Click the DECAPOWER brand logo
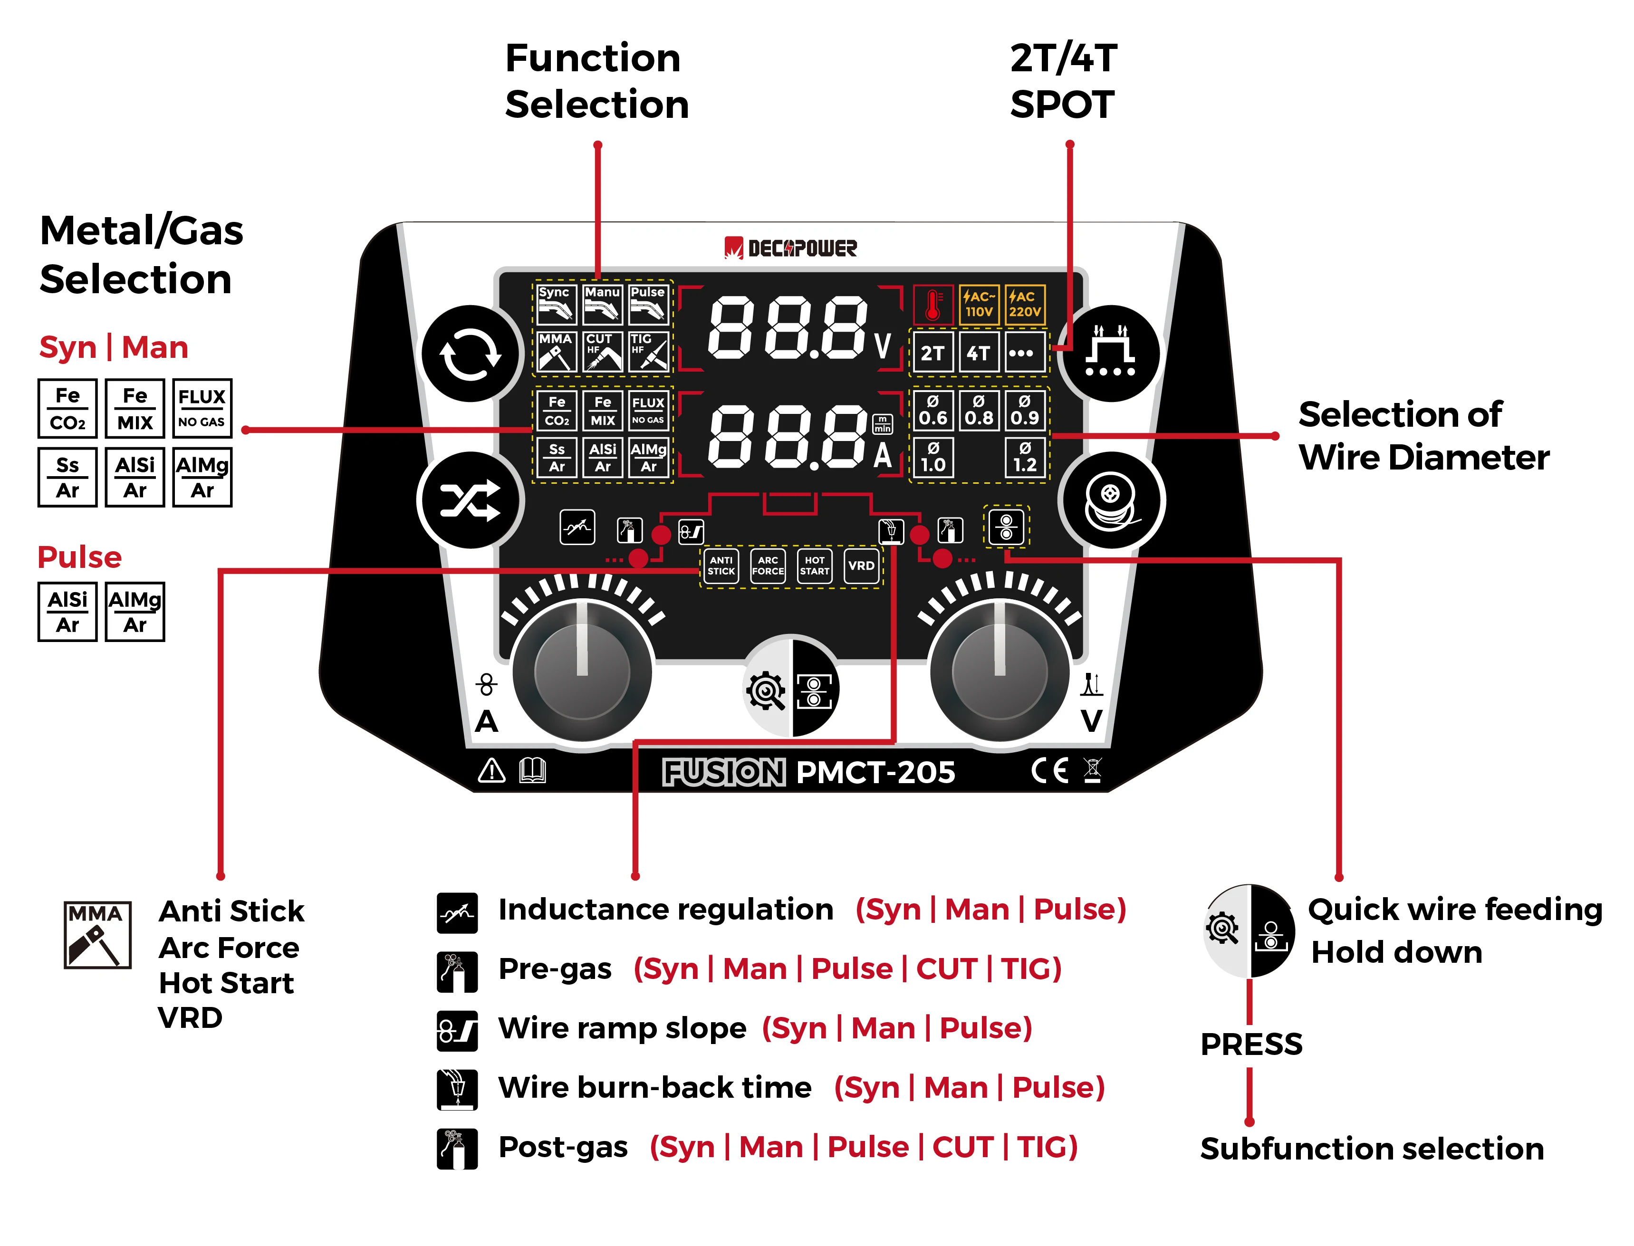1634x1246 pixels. [791, 248]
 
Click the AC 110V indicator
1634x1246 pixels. [978, 304]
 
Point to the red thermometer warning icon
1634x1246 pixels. [933, 304]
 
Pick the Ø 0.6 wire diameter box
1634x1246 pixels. [932, 410]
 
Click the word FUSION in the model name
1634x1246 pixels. [723, 772]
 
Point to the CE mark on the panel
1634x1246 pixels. [1049, 771]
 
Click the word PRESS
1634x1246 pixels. [1250, 1044]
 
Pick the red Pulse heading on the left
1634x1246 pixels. [79, 557]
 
